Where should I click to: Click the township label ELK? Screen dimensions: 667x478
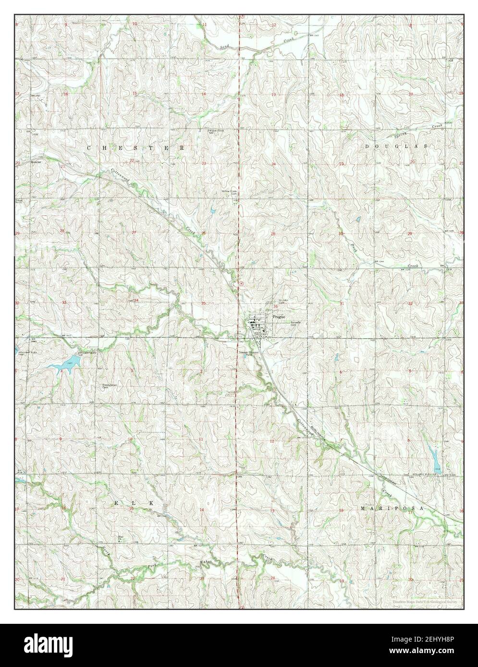click(x=134, y=502)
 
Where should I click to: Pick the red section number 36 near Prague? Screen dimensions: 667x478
click(x=275, y=306)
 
